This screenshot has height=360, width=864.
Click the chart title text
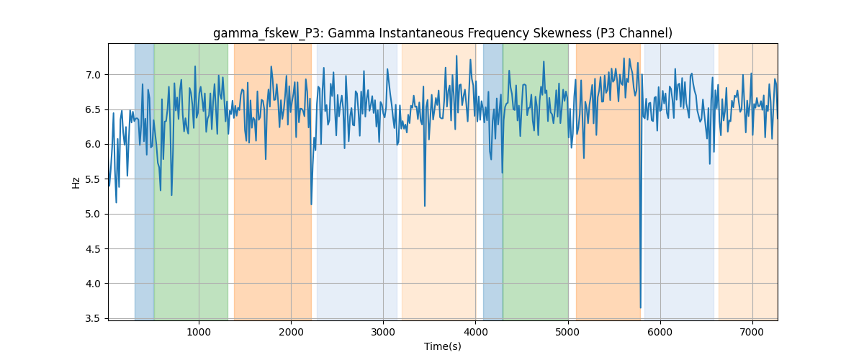click(x=442, y=34)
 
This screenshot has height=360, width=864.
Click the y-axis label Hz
click(x=76, y=182)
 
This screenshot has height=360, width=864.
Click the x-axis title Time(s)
click(x=442, y=346)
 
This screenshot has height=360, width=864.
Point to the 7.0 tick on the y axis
click(x=93, y=75)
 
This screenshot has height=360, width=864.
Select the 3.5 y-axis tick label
click(x=93, y=319)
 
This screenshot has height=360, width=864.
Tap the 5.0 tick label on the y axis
click(x=93, y=214)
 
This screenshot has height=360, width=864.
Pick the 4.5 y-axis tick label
click(x=93, y=249)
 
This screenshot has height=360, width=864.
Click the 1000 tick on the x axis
click(x=199, y=332)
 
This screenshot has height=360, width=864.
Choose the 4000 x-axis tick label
click(x=476, y=332)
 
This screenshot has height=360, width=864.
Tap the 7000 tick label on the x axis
click(x=752, y=332)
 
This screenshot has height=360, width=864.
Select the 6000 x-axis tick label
click(x=660, y=332)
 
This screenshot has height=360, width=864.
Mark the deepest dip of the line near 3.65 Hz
click(x=641, y=307)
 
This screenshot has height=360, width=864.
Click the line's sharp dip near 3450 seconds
click(x=425, y=206)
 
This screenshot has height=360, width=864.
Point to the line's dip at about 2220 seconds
click(x=311, y=204)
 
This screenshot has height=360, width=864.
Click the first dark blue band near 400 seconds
click(x=144, y=181)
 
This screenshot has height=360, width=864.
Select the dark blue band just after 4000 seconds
click(x=493, y=181)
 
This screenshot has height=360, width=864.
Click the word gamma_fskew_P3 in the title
click(x=267, y=34)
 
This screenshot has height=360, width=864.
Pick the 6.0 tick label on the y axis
click(x=93, y=144)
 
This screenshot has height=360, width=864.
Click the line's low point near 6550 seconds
click(x=710, y=163)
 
